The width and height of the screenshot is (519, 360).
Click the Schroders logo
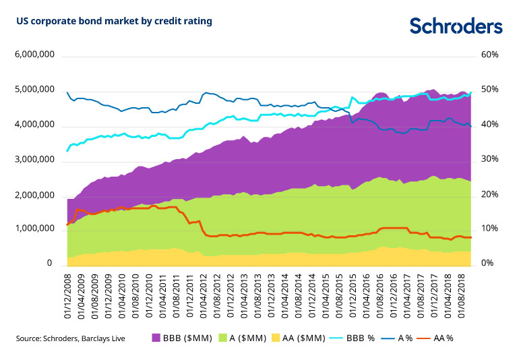point(456,26)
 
